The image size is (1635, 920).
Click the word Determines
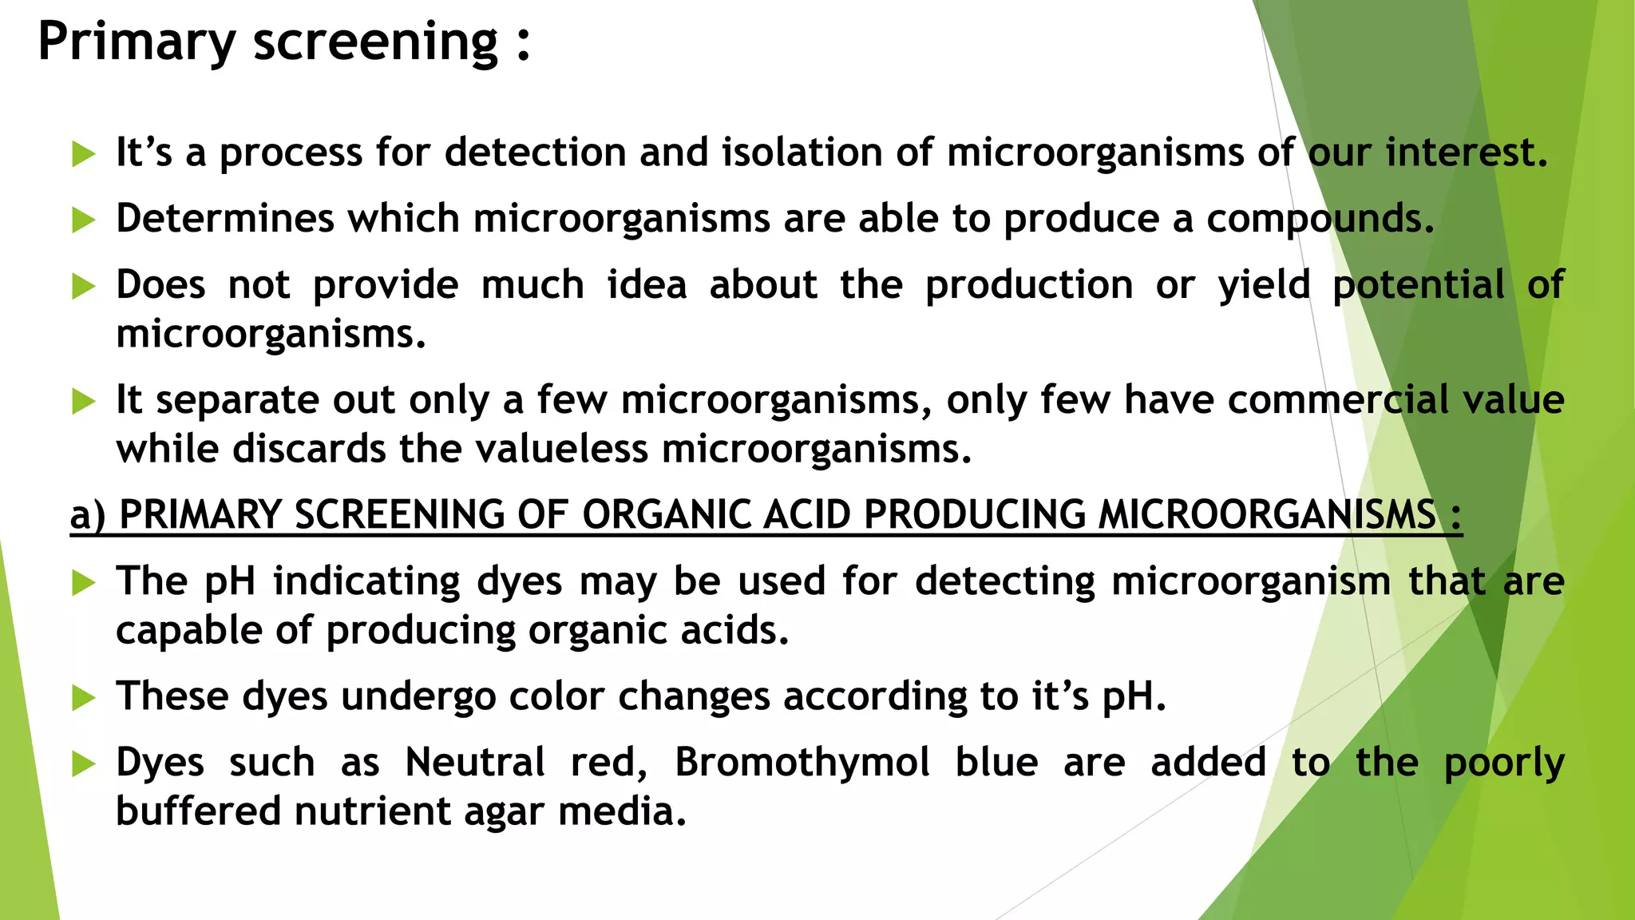[224, 219]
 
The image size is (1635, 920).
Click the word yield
[1264, 285]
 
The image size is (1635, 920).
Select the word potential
[1419, 285]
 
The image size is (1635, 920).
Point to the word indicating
[366, 581]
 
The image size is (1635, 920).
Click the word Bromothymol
[802, 762]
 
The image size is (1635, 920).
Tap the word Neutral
[475, 762]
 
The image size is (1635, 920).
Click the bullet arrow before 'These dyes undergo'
[83, 698]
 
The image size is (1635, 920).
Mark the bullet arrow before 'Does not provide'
[83, 286]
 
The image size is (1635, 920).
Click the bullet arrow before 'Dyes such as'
[83, 763]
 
